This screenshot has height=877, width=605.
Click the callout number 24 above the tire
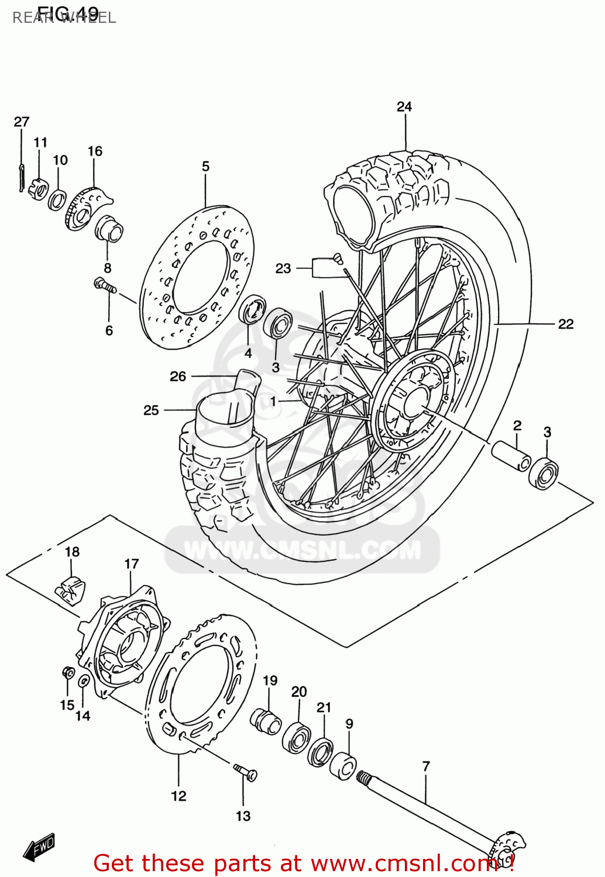coord(404,106)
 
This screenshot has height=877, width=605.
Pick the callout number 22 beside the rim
coord(565,324)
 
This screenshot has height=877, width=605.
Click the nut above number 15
coord(68,672)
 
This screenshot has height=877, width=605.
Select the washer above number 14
coord(84,681)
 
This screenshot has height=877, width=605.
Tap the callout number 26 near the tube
coord(178,377)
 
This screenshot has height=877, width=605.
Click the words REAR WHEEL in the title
coord(64,18)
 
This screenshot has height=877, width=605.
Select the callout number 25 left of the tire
coord(151,410)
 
